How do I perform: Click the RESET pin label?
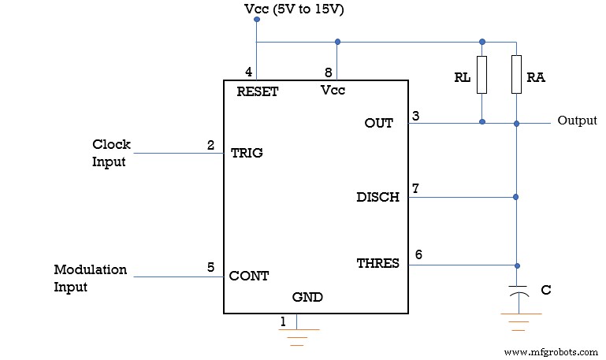[258, 91]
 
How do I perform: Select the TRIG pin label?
[247, 153]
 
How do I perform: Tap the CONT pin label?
[249, 276]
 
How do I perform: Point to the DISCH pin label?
[377, 197]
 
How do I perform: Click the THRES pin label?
[377, 263]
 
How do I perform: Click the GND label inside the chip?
[307, 297]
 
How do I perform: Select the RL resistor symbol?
[481, 74]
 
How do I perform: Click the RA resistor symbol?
[516, 74]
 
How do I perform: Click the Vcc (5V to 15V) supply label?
[295, 9]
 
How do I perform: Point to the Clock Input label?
[111, 153]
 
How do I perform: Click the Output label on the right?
[577, 121]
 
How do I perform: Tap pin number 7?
[415, 189]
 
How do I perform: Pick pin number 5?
[210, 267]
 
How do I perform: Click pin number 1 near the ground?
[284, 321]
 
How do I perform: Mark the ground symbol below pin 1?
[297, 336]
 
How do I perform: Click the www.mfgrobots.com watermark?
[549, 351]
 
